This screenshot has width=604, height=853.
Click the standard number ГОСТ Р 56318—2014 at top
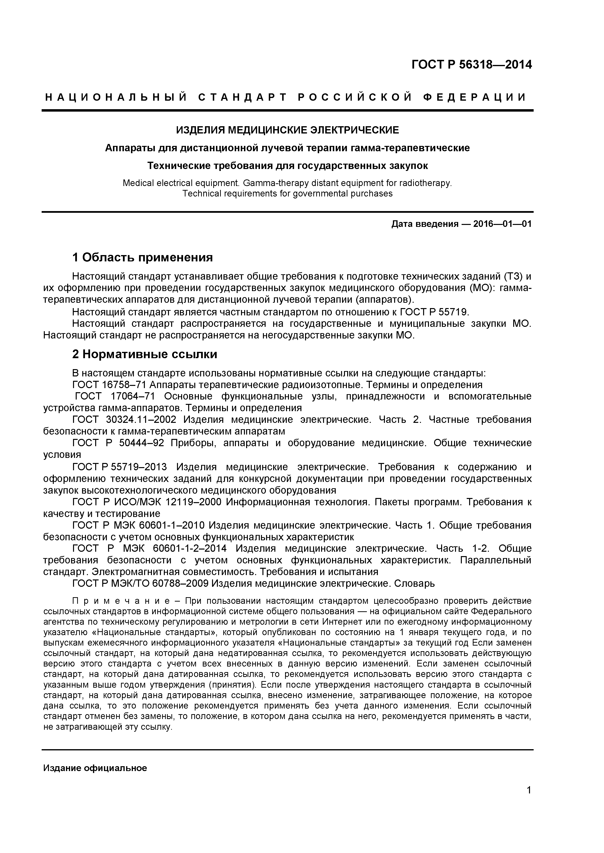click(x=472, y=65)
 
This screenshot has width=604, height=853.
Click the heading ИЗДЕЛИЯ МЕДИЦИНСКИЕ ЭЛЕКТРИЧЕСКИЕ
click(x=287, y=130)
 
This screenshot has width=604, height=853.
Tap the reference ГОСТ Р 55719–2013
click(x=119, y=467)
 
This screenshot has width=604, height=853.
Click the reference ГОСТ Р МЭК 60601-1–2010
click(x=138, y=525)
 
